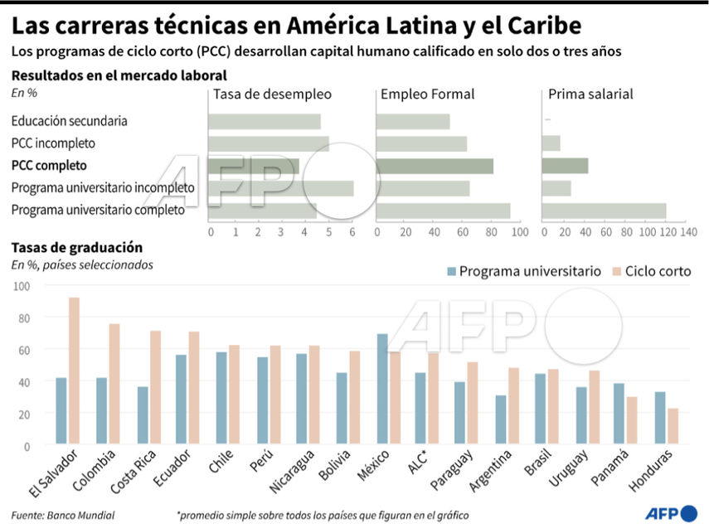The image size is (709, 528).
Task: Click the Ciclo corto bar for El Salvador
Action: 74,371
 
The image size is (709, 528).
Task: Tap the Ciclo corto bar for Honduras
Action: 673,427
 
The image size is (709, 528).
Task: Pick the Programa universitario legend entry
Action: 523,271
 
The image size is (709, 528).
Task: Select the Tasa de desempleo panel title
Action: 272,94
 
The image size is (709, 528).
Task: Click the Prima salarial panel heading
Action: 590,94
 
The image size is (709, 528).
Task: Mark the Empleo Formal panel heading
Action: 427,94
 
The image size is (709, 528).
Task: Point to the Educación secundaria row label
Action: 70,121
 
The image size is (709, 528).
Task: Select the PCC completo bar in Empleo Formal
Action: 435,166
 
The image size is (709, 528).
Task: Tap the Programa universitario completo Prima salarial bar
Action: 604,211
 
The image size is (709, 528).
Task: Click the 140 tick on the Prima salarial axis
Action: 687,232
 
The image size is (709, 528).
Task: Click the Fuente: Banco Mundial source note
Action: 63,515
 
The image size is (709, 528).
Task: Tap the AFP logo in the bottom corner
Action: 670,514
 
